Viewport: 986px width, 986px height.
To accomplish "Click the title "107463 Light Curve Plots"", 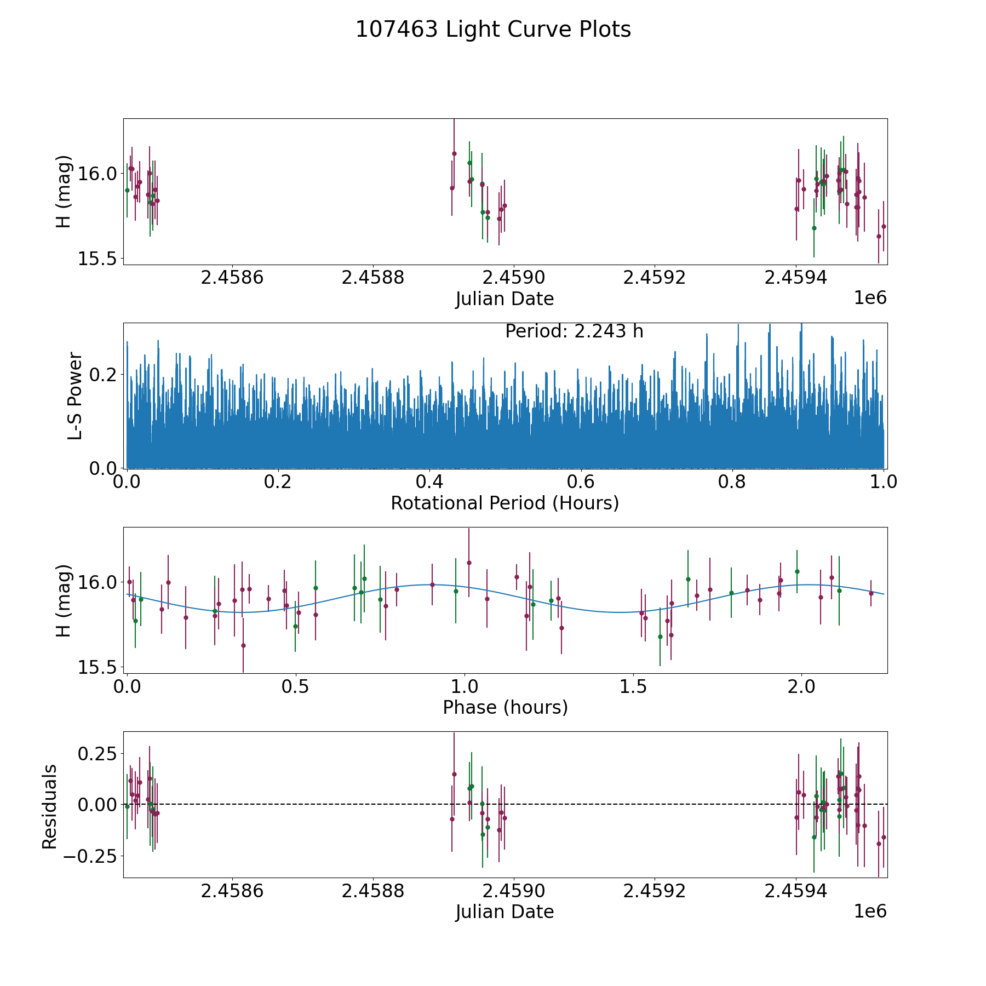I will click(493, 30).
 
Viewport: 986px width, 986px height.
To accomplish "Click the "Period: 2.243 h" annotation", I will click(574, 331).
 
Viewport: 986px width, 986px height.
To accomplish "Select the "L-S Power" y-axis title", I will click(75, 395).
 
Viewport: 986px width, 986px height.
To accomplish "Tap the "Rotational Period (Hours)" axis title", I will click(505, 503).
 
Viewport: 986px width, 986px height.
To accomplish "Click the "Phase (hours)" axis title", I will click(505, 707).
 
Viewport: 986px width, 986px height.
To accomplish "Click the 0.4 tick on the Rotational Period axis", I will click(429, 483).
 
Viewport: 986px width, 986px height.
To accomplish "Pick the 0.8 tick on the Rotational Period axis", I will click(732, 483).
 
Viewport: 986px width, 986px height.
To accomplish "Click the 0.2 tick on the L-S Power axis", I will click(102, 375).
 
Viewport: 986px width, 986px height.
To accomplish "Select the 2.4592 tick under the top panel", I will click(655, 278).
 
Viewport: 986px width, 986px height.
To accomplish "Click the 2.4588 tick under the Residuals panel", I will click(372, 891).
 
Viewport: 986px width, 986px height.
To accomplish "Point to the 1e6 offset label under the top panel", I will click(870, 298).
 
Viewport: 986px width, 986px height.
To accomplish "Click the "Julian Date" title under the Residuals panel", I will click(505, 912).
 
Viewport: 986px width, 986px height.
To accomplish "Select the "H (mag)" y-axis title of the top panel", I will click(64, 191).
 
